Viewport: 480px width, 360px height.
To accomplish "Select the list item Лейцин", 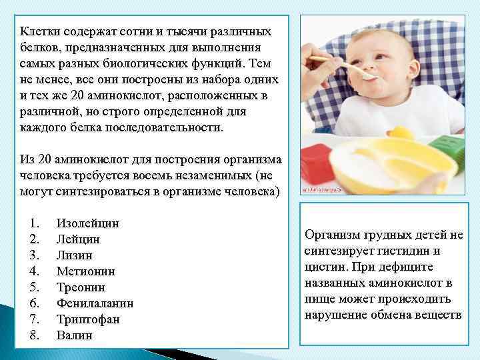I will click(x=78, y=239).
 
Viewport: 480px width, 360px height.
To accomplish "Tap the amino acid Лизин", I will click(x=75, y=255).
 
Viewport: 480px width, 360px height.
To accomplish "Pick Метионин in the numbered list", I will click(x=86, y=271).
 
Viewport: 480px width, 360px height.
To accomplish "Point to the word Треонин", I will click(x=80, y=287).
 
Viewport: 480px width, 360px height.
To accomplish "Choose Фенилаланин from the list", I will click(x=95, y=303).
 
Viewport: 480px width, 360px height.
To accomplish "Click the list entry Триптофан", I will click(x=88, y=319).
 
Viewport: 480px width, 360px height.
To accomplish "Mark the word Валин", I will click(x=75, y=335).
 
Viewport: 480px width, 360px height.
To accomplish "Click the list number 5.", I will click(x=35, y=287).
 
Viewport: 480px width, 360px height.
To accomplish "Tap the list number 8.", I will click(x=35, y=335).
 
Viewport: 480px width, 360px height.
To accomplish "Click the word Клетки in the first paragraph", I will click(x=38, y=31).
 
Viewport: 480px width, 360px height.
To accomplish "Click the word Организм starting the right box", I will click(x=333, y=235).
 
